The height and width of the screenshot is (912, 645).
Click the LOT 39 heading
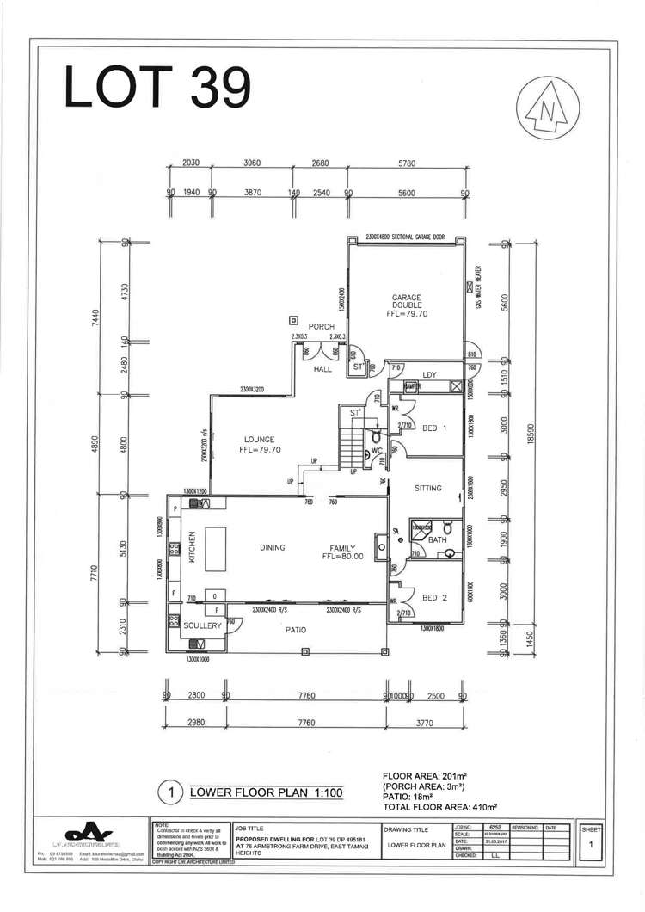click(157, 88)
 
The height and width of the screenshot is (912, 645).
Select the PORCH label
click(322, 326)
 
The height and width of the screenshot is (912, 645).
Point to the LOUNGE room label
click(259, 444)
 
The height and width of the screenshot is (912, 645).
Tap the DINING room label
click(272, 547)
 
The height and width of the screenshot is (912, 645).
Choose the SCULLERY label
click(203, 625)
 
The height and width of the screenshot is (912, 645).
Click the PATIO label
click(296, 630)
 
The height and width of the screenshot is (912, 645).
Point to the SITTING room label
click(427, 488)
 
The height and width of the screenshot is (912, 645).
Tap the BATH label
click(437, 539)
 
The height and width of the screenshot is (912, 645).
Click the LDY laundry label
click(430, 374)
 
